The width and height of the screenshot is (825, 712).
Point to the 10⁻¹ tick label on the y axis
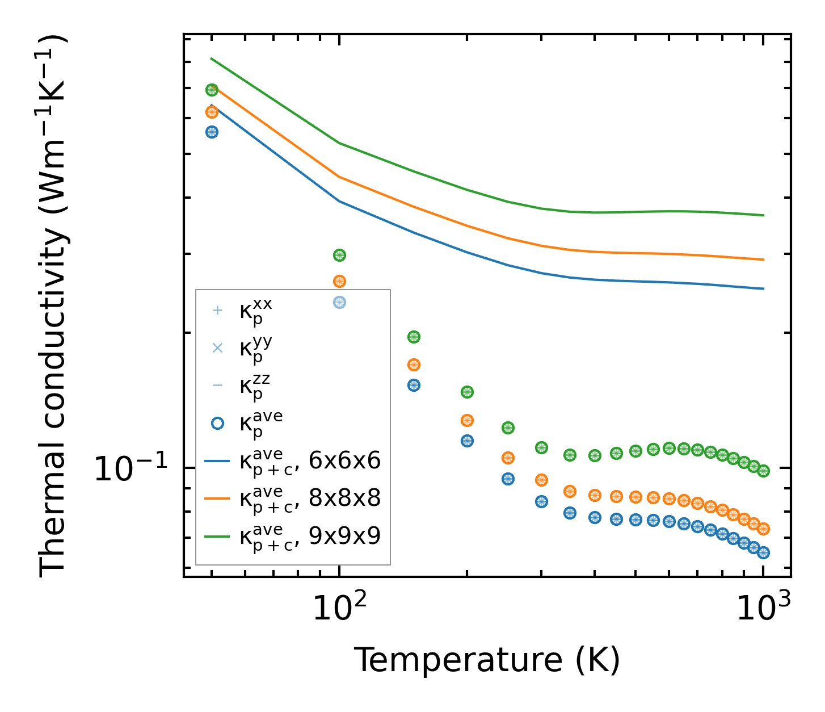131,469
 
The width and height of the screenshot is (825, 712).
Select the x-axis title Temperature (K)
487,660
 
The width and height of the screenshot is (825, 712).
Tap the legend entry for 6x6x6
310,461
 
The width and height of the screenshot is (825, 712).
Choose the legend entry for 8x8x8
310,498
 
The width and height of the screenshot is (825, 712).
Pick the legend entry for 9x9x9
310,535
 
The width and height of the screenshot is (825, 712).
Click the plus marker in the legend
217,311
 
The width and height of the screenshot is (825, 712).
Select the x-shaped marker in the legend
217,347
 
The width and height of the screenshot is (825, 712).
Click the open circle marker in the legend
217,423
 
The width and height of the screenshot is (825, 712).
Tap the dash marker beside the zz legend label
217,386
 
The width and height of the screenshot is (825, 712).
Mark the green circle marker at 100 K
339,255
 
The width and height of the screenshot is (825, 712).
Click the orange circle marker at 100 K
339,281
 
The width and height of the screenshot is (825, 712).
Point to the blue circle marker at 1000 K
763,552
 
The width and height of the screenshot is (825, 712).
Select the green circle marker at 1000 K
763,471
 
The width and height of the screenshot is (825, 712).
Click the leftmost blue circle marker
212,132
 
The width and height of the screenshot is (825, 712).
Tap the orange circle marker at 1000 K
763,529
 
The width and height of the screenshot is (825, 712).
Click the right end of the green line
764,215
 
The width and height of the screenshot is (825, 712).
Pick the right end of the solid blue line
764,288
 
